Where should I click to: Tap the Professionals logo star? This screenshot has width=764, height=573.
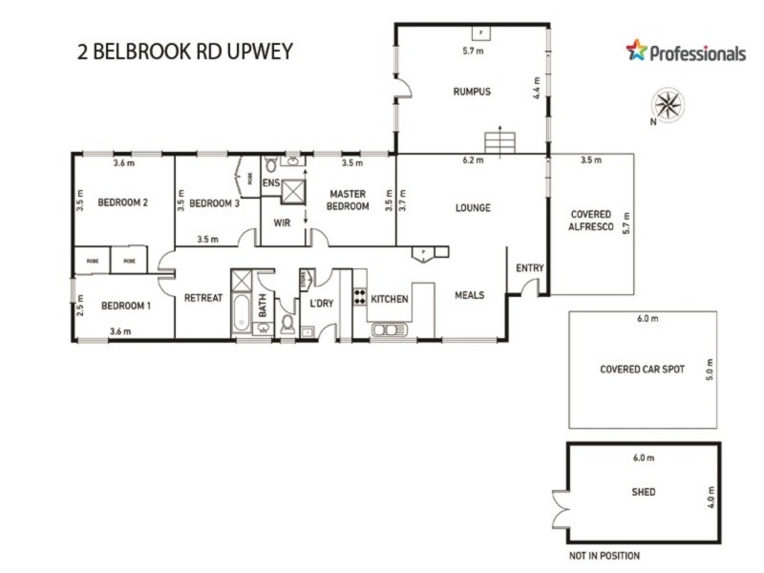pos(636,51)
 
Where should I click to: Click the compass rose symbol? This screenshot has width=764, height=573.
pos(666,103)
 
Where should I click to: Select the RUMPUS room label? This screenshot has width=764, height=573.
pos(471,92)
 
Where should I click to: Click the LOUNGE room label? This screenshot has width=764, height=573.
pos(473,207)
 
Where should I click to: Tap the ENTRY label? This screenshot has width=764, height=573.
pos(529,268)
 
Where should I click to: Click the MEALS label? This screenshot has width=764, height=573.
pos(470,295)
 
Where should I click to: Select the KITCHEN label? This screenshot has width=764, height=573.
pos(390,299)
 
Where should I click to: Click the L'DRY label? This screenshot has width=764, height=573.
pos(320,303)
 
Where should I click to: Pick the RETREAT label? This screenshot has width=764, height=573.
pos(202,297)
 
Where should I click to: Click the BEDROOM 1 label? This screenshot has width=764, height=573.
pos(126,306)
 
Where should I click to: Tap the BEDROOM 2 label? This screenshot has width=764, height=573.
pos(123,202)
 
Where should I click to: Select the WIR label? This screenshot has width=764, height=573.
pos(282,223)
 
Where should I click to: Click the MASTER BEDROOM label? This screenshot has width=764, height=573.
pos(348,201)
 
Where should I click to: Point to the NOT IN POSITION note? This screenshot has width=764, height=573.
pos(604,556)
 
